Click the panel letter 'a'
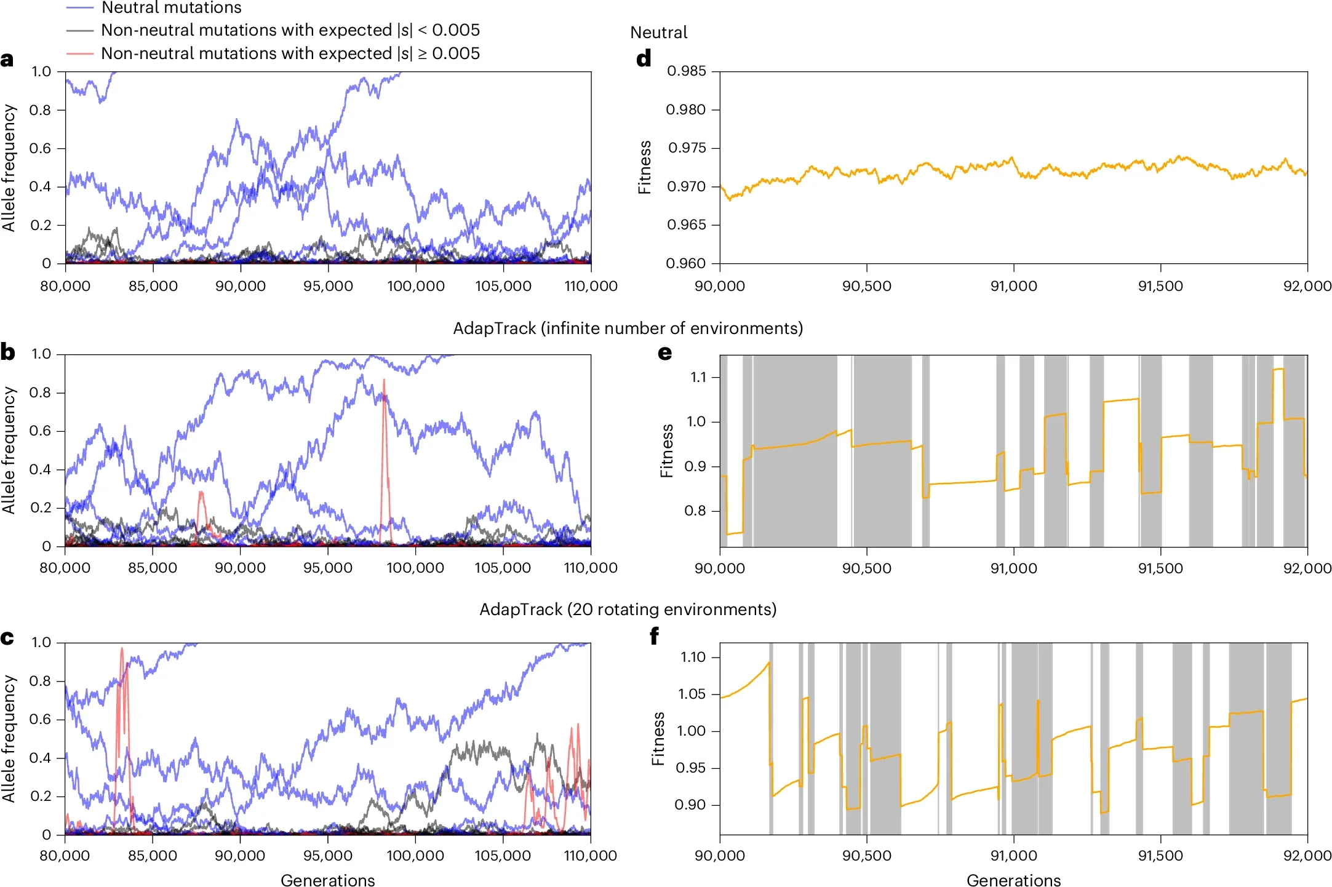[7, 60]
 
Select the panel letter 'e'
[664, 352]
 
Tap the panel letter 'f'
[654, 635]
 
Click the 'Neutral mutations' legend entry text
[171, 8]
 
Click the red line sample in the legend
[80, 54]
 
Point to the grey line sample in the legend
[80, 30]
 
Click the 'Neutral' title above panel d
[658, 33]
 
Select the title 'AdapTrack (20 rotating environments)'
[628, 609]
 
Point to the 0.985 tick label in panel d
[686, 71]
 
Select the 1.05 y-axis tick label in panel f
[692, 694]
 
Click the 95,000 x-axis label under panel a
[328, 286]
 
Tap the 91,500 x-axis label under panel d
[1160, 286]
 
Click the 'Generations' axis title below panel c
[327, 880]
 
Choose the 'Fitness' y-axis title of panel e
[666, 450]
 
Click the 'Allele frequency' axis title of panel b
[8, 450]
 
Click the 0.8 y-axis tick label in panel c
[40, 681]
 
